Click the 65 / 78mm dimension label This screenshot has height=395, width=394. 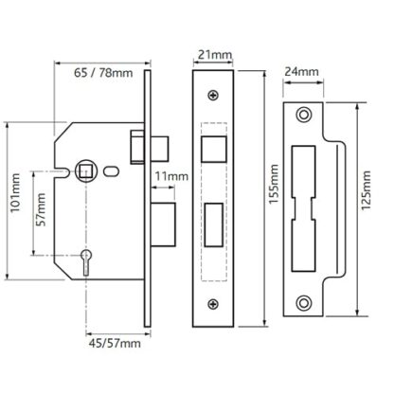pyautogui.click(x=103, y=73)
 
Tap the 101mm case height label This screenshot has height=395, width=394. pyautogui.click(x=15, y=192)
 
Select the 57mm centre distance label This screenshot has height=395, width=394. pyautogui.click(x=41, y=209)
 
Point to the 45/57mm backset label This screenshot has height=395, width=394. pyautogui.click(x=115, y=343)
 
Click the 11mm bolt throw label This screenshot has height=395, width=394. pyautogui.click(x=171, y=176)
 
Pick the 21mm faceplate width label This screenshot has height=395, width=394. pyautogui.click(x=215, y=55)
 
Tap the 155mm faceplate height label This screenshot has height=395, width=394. pyautogui.click(x=274, y=184)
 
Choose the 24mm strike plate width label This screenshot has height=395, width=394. pyautogui.click(x=302, y=72)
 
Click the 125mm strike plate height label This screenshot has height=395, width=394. pyautogui.click(x=366, y=190)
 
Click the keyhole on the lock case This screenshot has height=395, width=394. pyautogui.click(x=86, y=261)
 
